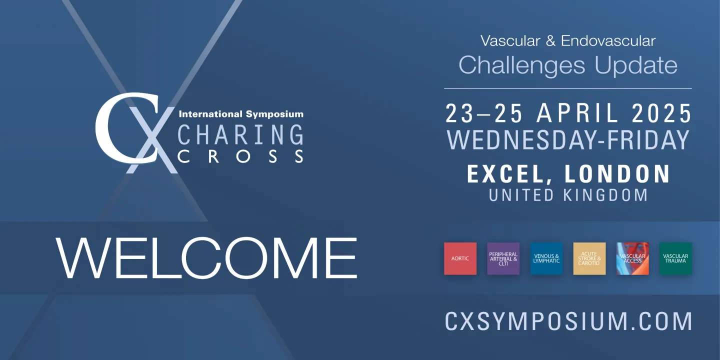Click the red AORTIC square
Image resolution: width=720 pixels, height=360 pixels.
click(x=460, y=258)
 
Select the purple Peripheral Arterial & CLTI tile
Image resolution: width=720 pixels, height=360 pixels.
click(x=503, y=258)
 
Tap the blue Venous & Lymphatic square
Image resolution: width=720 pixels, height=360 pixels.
click(x=546, y=258)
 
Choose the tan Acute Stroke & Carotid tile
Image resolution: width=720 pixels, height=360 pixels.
click(x=589, y=258)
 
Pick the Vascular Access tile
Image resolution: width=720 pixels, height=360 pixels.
click(x=632, y=258)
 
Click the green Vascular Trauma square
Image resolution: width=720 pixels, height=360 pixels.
click(x=675, y=258)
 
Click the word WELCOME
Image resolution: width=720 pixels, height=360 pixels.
click(x=206, y=258)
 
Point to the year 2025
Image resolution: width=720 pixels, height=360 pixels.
click(x=661, y=113)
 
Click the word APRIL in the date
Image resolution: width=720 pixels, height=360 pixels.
click(x=577, y=113)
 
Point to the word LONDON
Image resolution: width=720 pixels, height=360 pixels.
click(x=617, y=173)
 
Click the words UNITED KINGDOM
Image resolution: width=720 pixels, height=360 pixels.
click(x=568, y=195)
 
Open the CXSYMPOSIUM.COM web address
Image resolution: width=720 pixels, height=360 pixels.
click(x=568, y=321)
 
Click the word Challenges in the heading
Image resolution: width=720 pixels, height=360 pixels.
click(x=521, y=65)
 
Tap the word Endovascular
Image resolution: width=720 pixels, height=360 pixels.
click(x=608, y=41)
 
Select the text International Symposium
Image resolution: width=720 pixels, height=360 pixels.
click(x=241, y=114)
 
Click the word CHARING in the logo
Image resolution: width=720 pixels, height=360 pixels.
click(x=240, y=134)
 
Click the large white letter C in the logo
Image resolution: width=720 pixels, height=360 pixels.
click(x=106, y=128)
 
